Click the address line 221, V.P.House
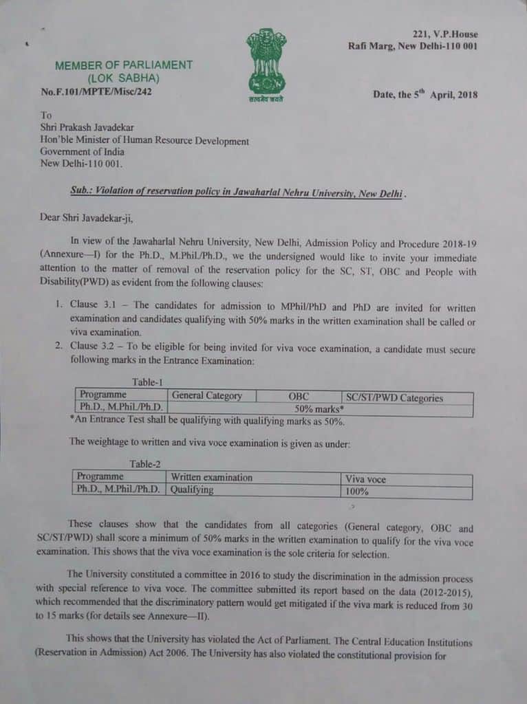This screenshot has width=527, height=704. pos(445,34)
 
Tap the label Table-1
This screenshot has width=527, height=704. pos(149,382)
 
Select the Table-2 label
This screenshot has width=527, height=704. pos(145,464)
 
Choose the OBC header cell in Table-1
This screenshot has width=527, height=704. pos(299,397)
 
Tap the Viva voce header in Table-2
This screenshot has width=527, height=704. pos(366,479)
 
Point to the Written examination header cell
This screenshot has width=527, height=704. pos(211,477)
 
